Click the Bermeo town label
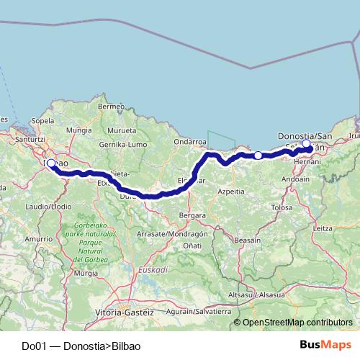pyautogui.click(x=112, y=107)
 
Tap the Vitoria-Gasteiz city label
pyautogui.click(x=125, y=312)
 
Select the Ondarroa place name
pyautogui.click(x=189, y=142)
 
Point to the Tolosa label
pyautogui.click(x=282, y=207)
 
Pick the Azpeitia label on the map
pyautogui.click(x=230, y=192)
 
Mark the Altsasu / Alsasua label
pyautogui.click(x=257, y=295)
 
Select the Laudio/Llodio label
pyautogui.click(x=49, y=207)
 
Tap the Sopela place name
pyautogui.click(x=43, y=121)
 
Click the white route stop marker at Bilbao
pyautogui.click(x=51, y=163)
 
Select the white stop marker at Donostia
pyautogui.click(x=306, y=144)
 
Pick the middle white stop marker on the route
pyautogui.click(x=258, y=155)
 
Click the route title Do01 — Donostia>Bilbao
pyautogui.click(x=81, y=346)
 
